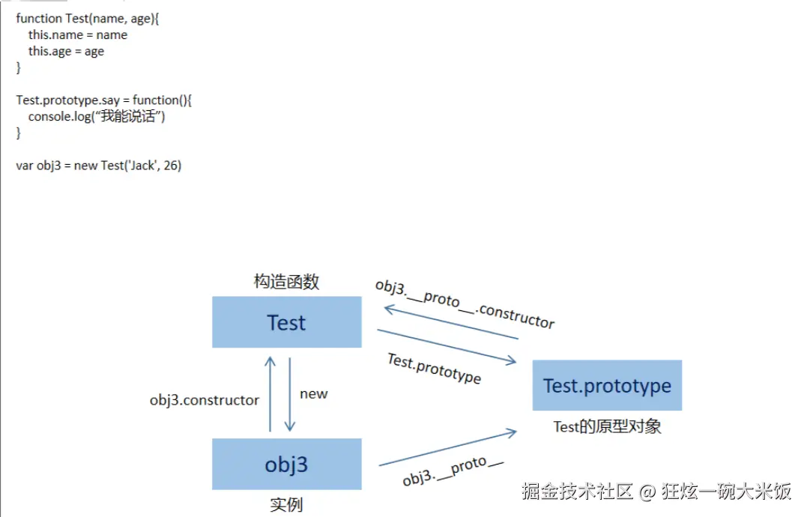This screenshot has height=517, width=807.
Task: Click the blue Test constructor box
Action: pos(286,322)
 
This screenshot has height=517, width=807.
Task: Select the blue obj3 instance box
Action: pos(286,464)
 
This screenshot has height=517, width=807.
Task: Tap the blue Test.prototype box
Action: pos(607,385)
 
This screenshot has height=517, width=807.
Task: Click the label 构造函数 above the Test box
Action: pos(286,282)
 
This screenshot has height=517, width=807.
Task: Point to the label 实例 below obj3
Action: pos(286,504)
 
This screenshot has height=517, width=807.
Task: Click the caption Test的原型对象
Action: pos(607,427)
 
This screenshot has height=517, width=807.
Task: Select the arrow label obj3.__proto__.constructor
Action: pos(465,304)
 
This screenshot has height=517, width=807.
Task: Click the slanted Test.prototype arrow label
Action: pos(434,368)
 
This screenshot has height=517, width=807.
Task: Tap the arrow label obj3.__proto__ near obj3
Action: pos(453,471)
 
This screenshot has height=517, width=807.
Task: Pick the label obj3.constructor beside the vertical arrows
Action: pos(204,400)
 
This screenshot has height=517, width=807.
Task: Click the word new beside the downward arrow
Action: pos(313,394)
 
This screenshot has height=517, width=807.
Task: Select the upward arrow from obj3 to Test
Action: pos(270,393)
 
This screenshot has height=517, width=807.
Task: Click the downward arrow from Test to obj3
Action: pos(290,393)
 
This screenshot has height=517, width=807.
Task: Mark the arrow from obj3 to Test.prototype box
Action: pos(447,448)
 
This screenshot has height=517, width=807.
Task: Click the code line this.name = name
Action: pos(78,35)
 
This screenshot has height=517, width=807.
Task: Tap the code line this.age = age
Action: pos(66,52)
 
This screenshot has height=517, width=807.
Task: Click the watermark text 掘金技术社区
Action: pos(578,492)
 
